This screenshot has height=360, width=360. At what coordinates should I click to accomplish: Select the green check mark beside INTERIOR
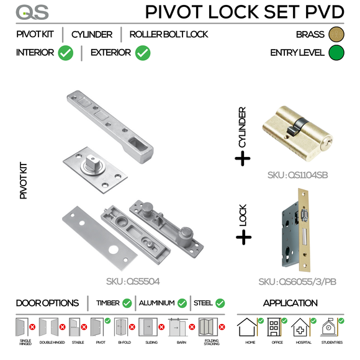[x=66, y=53]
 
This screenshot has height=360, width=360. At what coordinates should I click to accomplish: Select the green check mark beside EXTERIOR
[x=142, y=53]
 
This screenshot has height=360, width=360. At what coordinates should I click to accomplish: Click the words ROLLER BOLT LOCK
[x=169, y=35]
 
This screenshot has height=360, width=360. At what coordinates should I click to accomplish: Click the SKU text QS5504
[x=133, y=281]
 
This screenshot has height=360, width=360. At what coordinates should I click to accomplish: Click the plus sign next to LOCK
[x=243, y=237]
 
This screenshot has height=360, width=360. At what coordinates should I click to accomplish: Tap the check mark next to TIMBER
[x=127, y=304]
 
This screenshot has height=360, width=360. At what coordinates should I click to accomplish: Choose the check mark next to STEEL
[x=220, y=304]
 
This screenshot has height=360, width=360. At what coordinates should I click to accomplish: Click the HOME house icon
[x=250, y=328]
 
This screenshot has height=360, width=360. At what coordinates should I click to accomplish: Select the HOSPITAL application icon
[x=302, y=328]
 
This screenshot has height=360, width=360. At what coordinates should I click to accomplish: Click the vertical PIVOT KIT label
[x=24, y=180]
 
